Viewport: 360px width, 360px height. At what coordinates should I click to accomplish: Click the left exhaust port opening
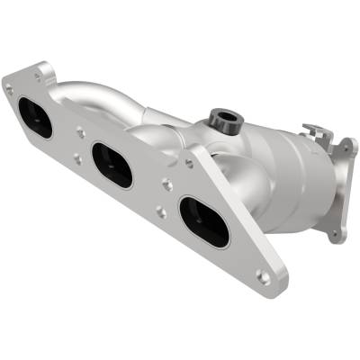[34, 117]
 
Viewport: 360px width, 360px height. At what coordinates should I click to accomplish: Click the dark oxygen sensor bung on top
[221, 118]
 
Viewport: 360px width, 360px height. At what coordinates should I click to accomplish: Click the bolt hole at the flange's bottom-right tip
[263, 276]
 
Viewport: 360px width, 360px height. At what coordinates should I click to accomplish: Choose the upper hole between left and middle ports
[80, 131]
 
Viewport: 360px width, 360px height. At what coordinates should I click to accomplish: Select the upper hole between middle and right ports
[167, 186]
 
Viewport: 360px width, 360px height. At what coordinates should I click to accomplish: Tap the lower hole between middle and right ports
[159, 213]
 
